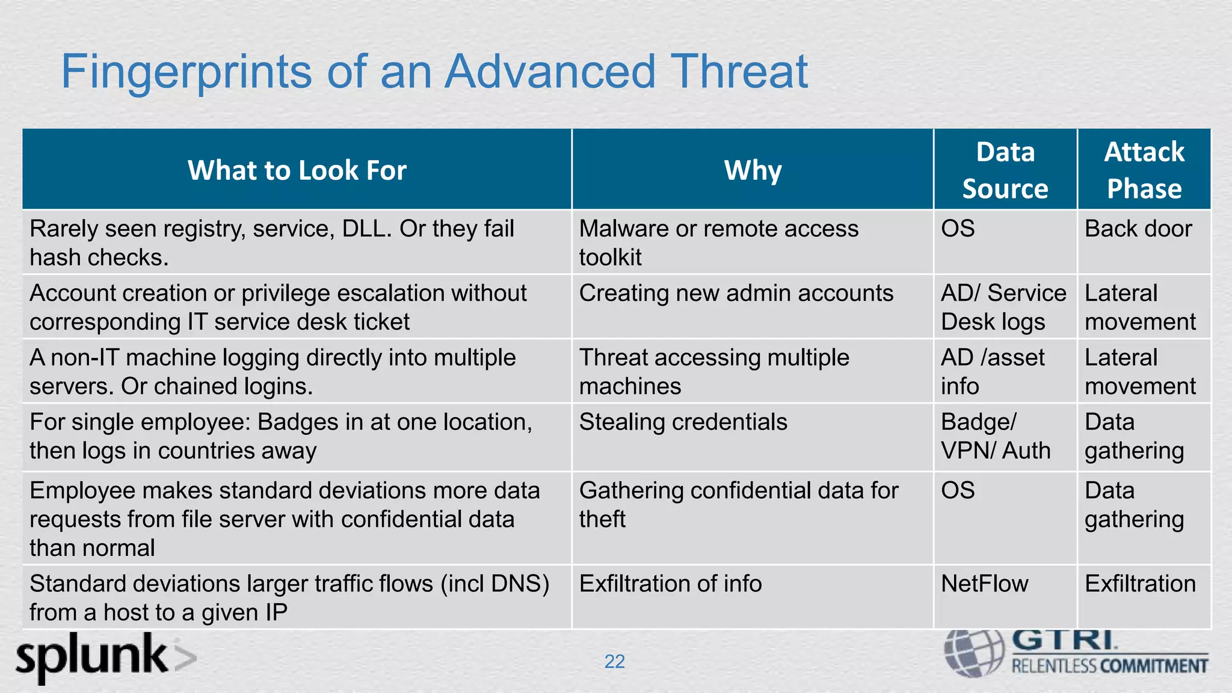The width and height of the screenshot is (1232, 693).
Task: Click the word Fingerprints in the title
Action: (x=186, y=72)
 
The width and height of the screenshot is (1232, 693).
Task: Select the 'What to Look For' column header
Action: (x=297, y=170)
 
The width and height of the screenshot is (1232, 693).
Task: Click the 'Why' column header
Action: (x=753, y=170)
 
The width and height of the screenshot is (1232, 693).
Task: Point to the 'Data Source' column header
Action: (x=1005, y=170)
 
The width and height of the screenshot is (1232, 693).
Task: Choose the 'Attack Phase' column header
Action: (x=1144, y=170)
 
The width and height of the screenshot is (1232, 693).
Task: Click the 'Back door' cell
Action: (x=1138, y=229)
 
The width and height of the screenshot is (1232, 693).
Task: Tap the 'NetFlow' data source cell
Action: (x=984, y=584)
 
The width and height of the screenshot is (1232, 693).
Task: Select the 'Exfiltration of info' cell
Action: (x=670, y=584)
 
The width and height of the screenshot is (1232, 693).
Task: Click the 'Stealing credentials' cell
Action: (x=683, y=422)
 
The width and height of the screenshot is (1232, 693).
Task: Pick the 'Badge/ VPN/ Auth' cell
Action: (x=995, y=437)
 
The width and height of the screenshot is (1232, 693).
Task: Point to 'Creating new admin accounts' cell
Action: (x=736, y=294)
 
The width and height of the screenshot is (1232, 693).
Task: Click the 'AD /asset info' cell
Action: (x=992, y=372)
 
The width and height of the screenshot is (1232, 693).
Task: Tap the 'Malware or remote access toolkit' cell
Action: (x=718, y=243)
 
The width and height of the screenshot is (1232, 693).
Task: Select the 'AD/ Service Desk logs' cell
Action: (x=1003, y=307)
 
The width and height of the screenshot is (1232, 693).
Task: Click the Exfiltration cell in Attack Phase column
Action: (x=1140, y=584)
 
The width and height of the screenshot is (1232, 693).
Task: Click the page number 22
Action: (x=614, y=662)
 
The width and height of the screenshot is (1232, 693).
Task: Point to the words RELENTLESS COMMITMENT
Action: (x=1109, y=667)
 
